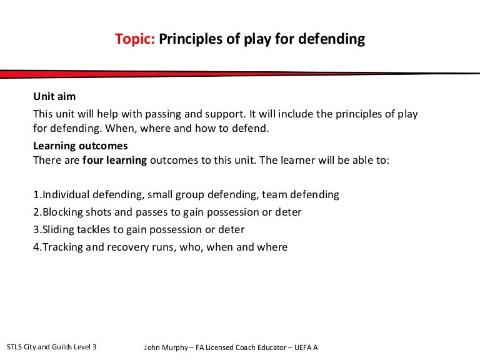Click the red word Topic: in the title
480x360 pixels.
pos(135,39)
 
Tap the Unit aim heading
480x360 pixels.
pos(54,96)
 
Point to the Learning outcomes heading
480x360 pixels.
pos(80,146)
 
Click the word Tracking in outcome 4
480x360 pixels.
pos(62,247)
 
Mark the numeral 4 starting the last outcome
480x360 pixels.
pos(36,247)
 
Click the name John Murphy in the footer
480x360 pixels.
pos(166,347)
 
